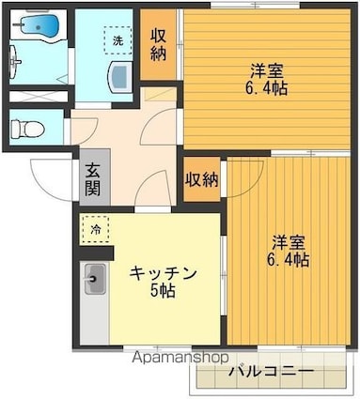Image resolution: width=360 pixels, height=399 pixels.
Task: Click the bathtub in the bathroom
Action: tap(37, 26)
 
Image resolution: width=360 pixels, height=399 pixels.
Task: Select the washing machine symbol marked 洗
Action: tap(117, 41)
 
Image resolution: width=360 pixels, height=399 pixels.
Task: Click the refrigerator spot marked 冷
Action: tap(95, 228)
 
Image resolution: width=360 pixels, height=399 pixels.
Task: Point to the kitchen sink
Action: tap(95, 277)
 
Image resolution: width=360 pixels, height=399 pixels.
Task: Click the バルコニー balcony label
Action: tap(271, 371)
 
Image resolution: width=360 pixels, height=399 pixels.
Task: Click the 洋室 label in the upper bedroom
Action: tap(267, 70)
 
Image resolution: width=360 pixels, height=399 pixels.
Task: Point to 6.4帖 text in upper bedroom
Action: tap(267, 89)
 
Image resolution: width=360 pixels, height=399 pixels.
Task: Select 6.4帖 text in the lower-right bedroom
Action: tap(288, 260)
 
